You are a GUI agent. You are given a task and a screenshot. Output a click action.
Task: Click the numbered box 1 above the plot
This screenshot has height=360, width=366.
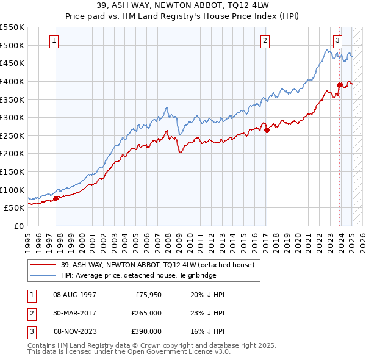(x=55, y=41)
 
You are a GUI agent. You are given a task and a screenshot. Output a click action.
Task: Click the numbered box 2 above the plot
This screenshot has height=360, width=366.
(x=265, y=41)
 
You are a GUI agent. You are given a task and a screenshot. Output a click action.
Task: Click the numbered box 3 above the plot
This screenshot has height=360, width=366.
(x=337, y=41)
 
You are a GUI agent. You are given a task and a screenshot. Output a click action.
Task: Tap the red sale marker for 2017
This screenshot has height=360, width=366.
(x=267, y=130)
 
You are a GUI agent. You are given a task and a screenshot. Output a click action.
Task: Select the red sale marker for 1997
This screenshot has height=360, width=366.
(x=56, y=198)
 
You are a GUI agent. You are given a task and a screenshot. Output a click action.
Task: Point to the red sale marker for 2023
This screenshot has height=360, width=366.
(x=339, y=85)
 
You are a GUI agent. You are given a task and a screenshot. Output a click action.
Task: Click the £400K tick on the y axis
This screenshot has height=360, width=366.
(x=13, y=81)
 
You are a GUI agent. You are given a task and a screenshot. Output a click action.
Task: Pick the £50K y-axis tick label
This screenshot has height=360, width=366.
(x=15, y=207)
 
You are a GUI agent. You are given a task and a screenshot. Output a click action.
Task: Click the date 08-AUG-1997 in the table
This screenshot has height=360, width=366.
(x=74, y=295)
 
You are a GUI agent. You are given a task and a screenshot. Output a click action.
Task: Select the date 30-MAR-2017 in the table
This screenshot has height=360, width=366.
(x=74, y=313)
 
